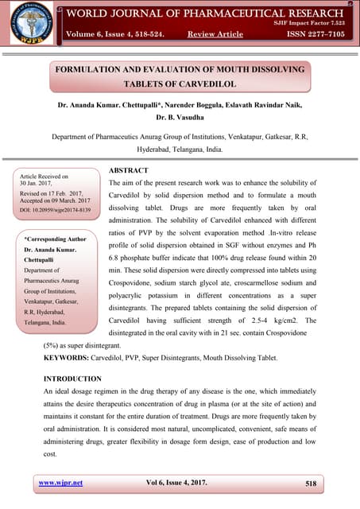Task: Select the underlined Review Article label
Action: (x=215, y=34)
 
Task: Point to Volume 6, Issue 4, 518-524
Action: (x=115, y=34)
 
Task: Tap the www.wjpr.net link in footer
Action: (x=60, y=482)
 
